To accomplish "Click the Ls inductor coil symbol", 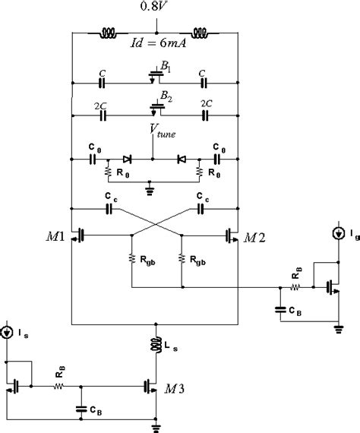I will coord(155,345).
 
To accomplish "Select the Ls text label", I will coord(174,346).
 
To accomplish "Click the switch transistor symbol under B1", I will coord(155,79).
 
